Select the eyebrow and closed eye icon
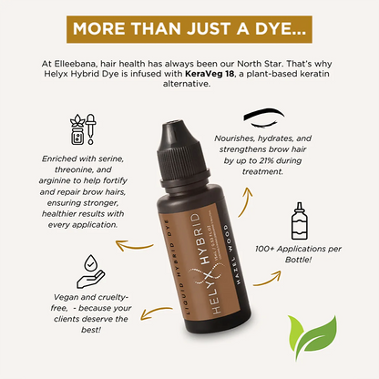pyautogui.click(x=264, y=118)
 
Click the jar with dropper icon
pyautogui.click(x=83, y=129)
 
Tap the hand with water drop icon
pyautogui.click(x=90, y=271)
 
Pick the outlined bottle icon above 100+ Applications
pyautogui.click(x=299, y=220)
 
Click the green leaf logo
pyautogui.click(x=312, y=337)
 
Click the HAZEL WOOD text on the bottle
pyautogui.click(x=233, y=254)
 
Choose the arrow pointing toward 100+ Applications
pyautogui.click(x=267, y=279)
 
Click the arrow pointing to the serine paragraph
pyautogui.click(x=134, y=245)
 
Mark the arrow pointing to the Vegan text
pyautogui.click(x=156, y=312)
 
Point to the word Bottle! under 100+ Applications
pyautogui.click(x=298, y=260)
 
